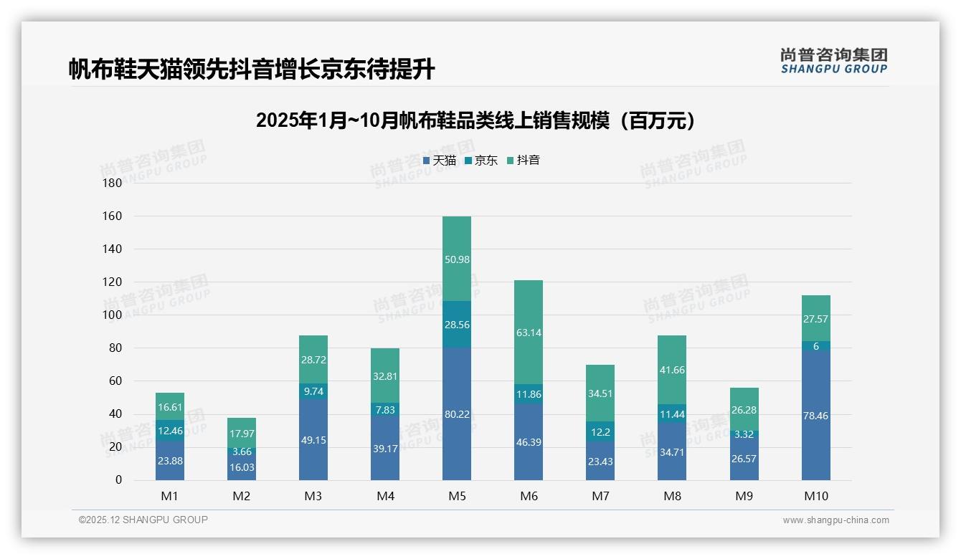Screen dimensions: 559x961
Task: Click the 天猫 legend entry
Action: point(439,161)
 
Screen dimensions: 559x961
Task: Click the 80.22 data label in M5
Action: point(457,414)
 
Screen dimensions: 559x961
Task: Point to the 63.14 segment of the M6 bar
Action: point(529,332)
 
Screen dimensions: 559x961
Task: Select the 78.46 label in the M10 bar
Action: point(815,416)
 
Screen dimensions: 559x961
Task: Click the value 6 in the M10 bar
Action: point(815,346)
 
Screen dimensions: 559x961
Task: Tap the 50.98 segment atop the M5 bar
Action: point(457,259)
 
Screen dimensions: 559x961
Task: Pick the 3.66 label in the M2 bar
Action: point(242,451)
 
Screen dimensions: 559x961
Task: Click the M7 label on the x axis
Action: point(600,496)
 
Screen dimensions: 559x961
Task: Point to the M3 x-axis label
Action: point(313,496)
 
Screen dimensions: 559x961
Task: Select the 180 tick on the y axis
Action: point(113,183)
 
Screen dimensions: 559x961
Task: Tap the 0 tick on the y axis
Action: point(119,480)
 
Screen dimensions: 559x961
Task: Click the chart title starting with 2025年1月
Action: point(475,120)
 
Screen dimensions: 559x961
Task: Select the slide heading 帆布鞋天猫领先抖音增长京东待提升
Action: point(252,70)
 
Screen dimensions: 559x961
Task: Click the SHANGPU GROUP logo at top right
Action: point(833,61)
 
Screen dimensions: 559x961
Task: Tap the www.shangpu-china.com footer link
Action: point(835,520)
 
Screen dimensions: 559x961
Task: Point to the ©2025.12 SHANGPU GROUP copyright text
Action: point(143,520)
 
